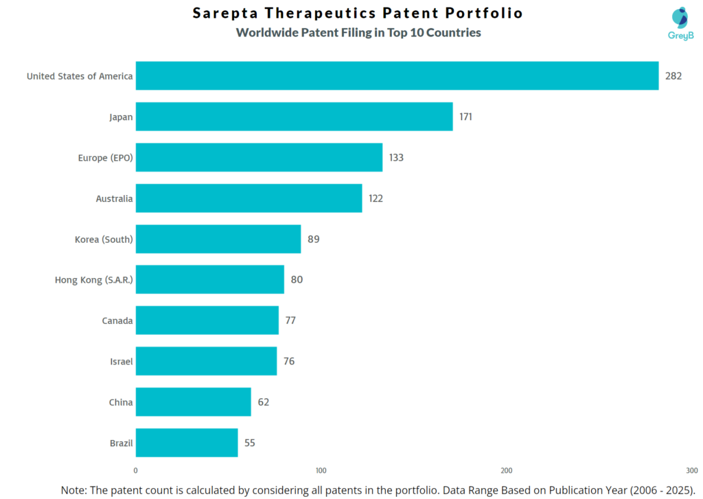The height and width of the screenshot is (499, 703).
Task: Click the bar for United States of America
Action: point(397,76)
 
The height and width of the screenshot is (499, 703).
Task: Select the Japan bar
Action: point(294,117)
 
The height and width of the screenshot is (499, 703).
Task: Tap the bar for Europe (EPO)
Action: point(259,157)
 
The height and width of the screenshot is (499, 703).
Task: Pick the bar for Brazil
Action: point(187,443)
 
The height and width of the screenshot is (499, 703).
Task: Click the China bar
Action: point(193,402)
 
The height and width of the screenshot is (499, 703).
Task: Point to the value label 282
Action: point(673,76)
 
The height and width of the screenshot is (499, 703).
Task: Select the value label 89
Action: point(314,239)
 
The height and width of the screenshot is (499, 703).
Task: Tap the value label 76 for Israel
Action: point(289,361)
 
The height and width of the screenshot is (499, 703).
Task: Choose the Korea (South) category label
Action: point(104,240)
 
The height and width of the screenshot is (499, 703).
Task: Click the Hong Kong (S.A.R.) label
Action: point(93,280)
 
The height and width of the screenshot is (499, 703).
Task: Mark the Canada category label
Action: point(117,321)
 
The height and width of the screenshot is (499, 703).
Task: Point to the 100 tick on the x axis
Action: point(321,471)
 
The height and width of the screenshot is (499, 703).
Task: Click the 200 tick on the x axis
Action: point(507,471)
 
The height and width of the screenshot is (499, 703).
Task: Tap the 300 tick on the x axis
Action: point(692,471)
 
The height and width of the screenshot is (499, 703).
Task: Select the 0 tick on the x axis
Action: point(135,471)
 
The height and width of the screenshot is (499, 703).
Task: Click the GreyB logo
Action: point(680,23)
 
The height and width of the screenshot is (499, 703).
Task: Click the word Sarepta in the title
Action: point(225,13)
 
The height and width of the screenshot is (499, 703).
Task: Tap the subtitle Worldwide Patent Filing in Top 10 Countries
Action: point(358,32)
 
